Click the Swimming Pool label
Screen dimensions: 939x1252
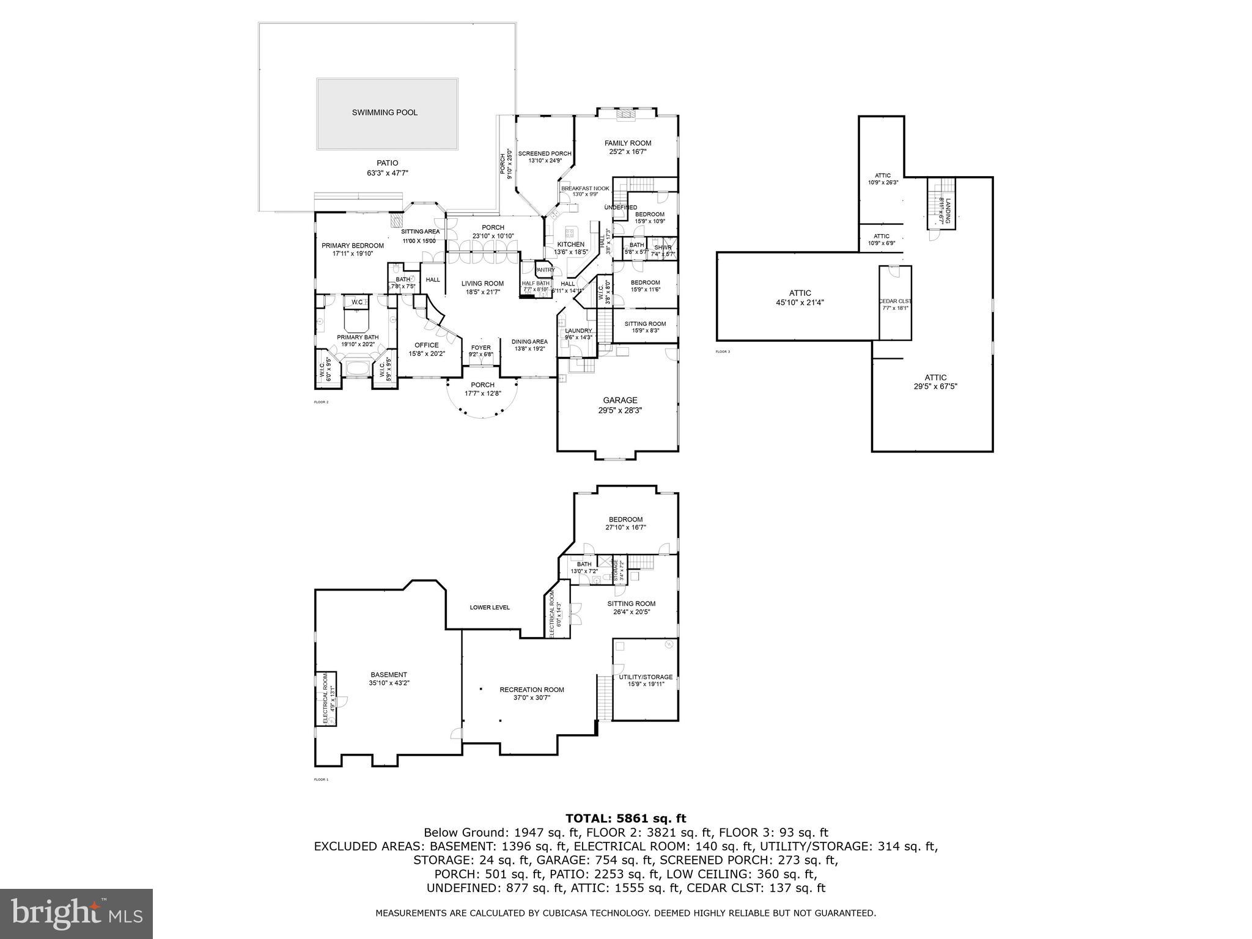pos(385,112)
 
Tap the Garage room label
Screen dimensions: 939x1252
pos(620,400)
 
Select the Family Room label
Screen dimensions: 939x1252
pos(628,143)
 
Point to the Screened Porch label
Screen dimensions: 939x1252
pos(545,153)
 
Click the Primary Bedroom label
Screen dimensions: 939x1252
pos(353,246)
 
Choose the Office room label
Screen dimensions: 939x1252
pos(426,345)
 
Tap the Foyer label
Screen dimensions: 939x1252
pos(481,348)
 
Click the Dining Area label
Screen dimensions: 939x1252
pos(529,342)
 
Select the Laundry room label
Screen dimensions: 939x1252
pos(578,331)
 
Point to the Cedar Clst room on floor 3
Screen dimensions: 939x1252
pos(895,301)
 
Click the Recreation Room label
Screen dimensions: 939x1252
pos(531,690)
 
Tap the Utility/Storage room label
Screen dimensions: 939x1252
pos(646,677)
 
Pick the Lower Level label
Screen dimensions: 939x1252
pos(489,607)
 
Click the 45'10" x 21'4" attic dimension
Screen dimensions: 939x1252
pos(800,302)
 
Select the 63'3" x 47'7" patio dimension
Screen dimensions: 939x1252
pos(387,173)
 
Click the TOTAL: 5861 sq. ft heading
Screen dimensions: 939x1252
pos(625,819)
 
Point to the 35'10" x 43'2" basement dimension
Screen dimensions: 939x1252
pos(389,683)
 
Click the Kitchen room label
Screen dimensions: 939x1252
pos(570,245)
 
